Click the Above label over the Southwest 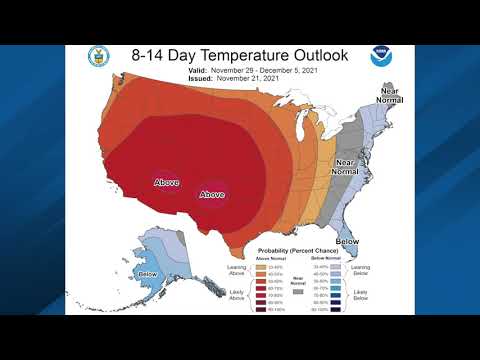(165, 182)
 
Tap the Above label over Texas (213, 194)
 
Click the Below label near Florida (348, 241)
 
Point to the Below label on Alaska (148, 274)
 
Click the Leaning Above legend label (239, 269)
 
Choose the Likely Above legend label (239, 295)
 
